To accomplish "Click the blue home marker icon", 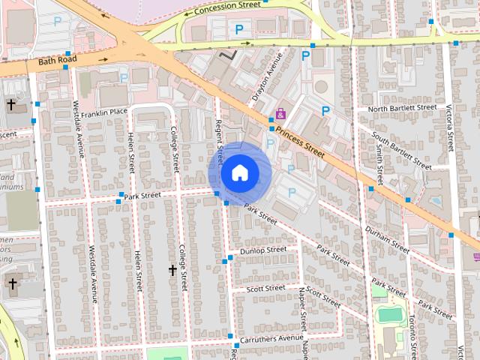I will [x=238, y=173].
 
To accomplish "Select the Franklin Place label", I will [x=104, y=112].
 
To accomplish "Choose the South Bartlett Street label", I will [x=402, y=150].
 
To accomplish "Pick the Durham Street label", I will [x=386, y=237].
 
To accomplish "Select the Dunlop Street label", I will [x=262, y=250].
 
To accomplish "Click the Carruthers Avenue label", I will [x=271, y=338].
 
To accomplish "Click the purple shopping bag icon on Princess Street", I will [x=280, y=114].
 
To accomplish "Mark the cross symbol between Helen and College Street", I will [x=172, y=269].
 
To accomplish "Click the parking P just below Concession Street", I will [x=239, y=29].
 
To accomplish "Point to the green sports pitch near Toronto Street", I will [x=388, y=314].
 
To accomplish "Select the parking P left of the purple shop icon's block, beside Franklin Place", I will [x=124, y=77].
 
